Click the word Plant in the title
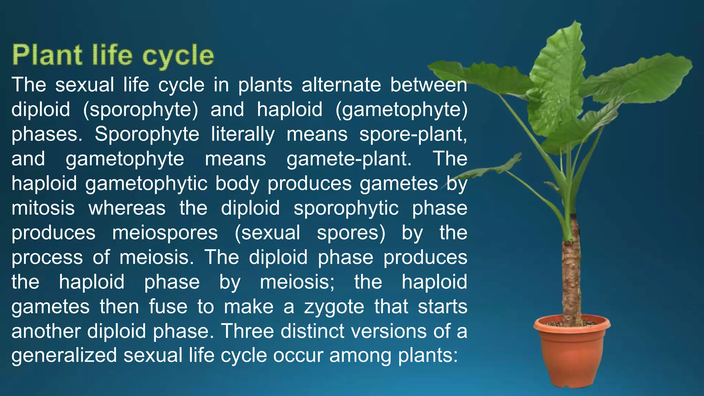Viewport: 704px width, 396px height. pyautogui.click(x=47, y=55)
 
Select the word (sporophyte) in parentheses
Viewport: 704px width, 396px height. pyautogui.click(x=141, y=110)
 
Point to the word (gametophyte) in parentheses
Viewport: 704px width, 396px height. pyautogui.click(x=401, y=110)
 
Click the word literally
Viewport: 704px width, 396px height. pyautogui.click(x=243, y=134)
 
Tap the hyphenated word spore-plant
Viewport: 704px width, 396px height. pyautogui.click(x=413, y=134)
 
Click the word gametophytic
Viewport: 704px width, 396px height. pyautogui.click(x=146, y=184)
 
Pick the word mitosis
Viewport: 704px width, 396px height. pyautogui.click(x=43, y=208)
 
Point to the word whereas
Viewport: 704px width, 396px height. pyautogui.click(x=127, y=208)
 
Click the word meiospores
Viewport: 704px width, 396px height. pyautogui.click(x=165, y=233)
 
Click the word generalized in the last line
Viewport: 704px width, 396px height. pyautogui.click(x=64, y=355)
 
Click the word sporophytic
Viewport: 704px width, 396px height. pyautogui.click(x=346, y=208)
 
